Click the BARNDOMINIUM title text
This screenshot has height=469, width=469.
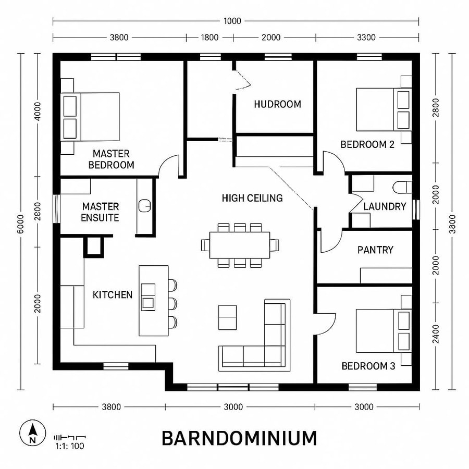click(239, 438)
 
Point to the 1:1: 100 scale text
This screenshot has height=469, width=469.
click(69, 446)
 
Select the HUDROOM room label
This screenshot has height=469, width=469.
click(277, 104)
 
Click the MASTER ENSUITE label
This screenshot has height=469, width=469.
click(100, 212)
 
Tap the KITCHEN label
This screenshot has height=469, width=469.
click(113, 295)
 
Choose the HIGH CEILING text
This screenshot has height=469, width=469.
click(252, 198)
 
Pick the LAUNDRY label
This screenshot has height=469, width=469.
click(385, 206)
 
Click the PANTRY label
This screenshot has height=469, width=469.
click(375, 250)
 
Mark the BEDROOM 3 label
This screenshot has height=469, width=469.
click(368, 366)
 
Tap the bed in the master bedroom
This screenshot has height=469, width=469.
click(91, 116)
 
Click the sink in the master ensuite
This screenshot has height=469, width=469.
click(145, 205)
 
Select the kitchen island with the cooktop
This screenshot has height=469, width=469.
click(153, 301)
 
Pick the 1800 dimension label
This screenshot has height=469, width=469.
click(209, 38)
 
